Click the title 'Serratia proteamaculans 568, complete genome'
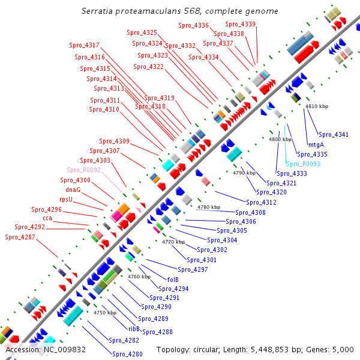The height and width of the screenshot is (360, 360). tap(179, 11)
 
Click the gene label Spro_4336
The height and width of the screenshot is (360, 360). tap(193, 25)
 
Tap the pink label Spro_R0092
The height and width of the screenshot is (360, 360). tap(84, 170)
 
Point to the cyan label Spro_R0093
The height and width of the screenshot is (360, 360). tap(303, 164)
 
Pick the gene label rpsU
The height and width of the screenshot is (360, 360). tap(66, 199)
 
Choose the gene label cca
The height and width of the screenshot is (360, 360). tap(47, 218)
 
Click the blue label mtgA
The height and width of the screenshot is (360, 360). tap(316, 145)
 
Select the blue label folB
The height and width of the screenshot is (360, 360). tap(173, 280)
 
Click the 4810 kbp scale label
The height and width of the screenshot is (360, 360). tap(317, 106)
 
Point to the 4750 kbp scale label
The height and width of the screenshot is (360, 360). tap(104, 313)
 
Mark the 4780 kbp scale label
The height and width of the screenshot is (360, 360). tap(208, 207)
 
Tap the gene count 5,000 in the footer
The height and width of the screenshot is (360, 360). tap(346, 349)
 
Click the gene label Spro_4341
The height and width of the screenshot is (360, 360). tap(333, 134)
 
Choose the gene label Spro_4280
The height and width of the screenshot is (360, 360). tap(128, 354)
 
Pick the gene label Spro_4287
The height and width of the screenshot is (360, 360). tap(20, 237)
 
